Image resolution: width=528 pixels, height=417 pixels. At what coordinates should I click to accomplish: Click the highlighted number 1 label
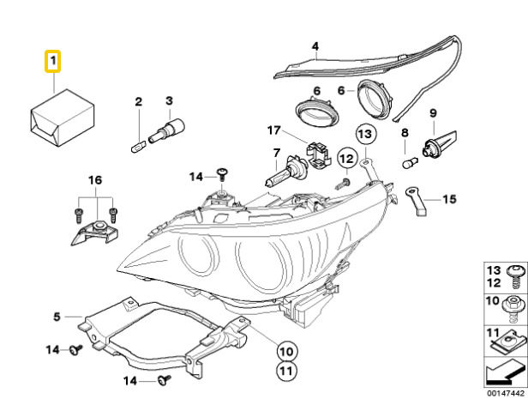coord(52,61)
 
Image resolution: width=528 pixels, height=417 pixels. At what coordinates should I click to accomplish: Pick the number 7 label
coord(276,153)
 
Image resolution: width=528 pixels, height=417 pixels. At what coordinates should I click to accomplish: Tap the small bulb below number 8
coord(409,160)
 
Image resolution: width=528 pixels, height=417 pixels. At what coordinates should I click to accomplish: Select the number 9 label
coord(433,112)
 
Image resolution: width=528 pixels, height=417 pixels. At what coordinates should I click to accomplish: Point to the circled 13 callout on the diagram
coord(364,134)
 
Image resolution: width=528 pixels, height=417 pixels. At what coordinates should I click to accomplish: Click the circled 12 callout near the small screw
coord(345,158)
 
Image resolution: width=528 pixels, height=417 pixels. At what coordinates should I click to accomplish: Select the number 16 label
coord(94,180)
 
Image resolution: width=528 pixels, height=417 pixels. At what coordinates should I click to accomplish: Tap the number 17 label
coord(273,130)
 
